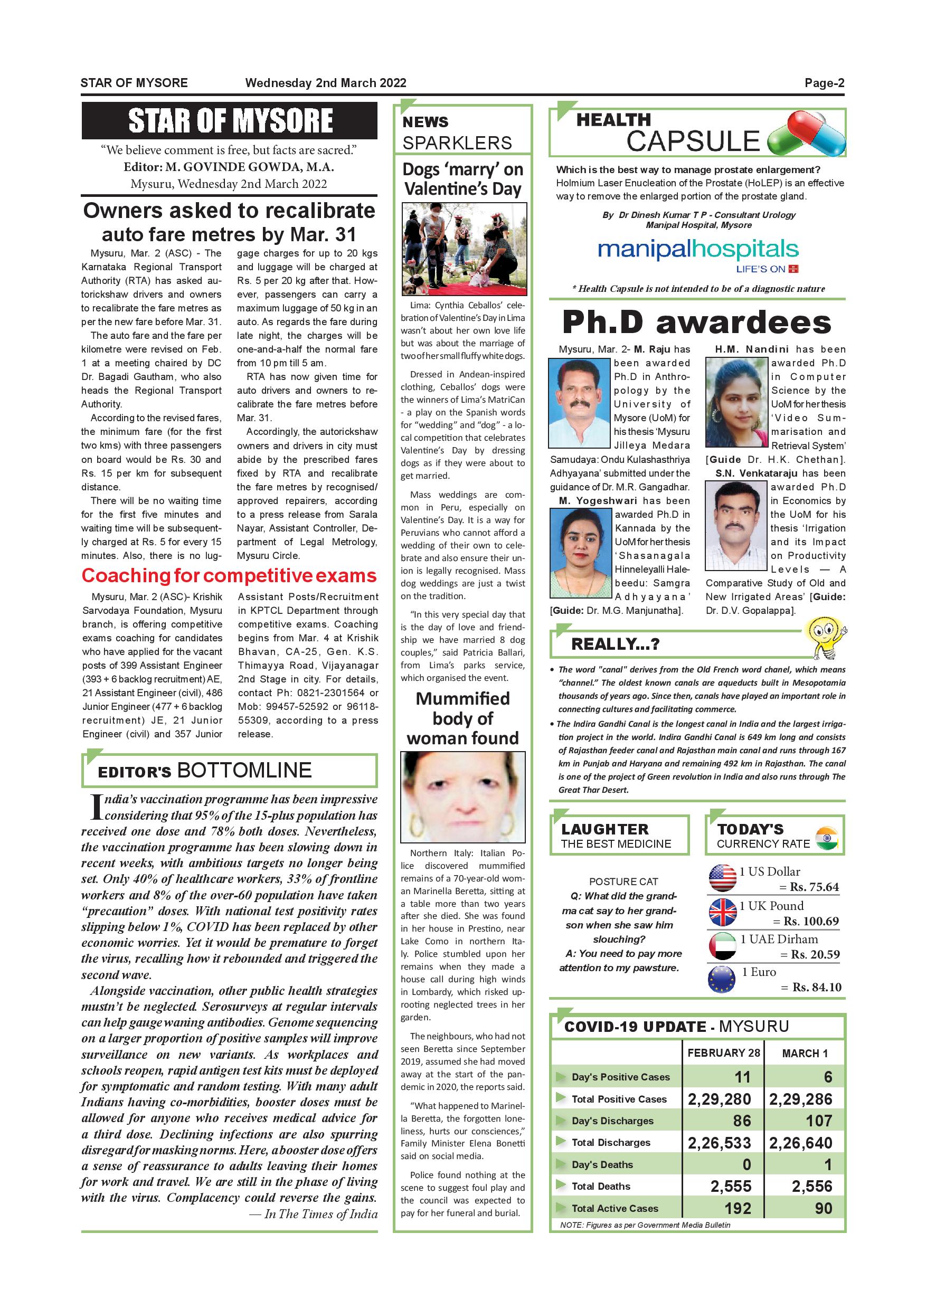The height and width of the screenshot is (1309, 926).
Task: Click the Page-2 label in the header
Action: pos(824,83)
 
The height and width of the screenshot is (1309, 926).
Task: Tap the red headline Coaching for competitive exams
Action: pos(229,576)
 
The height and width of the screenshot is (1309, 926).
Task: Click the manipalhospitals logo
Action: pos(698,251)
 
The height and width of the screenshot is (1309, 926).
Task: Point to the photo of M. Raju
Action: pos(579,403)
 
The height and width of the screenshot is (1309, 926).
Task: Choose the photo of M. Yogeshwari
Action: pos(580,553)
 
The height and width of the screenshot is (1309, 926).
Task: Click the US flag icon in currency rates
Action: pos(722,878)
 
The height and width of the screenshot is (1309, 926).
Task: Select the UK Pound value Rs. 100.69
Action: pos(810,922)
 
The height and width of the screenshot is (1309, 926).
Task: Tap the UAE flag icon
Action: pos(722,946)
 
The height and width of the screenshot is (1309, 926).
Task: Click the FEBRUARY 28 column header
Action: pos(723,1053)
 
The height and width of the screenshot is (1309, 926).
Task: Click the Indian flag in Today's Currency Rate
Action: pos(826,838)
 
